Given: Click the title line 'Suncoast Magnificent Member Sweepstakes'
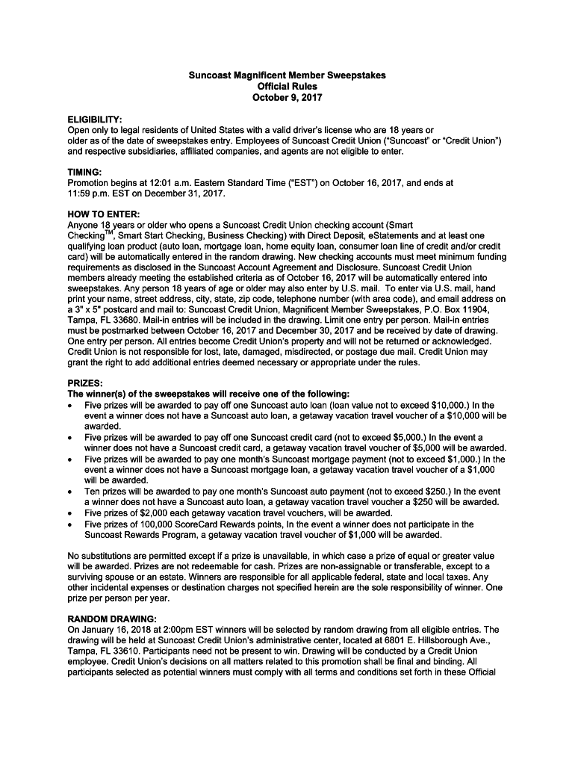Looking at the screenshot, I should coord(287,75).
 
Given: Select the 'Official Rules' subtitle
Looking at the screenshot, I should coord(287,87).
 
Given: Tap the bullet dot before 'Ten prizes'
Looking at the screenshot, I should coord(69,492).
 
